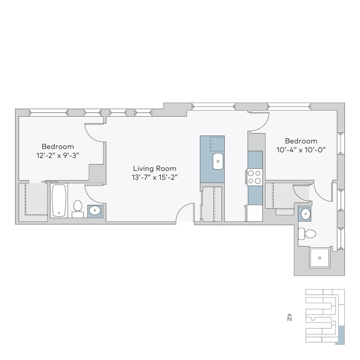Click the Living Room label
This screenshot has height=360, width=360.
(154, 168)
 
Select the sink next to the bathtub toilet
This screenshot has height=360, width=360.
(95, 211)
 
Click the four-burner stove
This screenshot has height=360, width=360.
(255, 177)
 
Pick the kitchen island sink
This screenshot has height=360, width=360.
(218, 162)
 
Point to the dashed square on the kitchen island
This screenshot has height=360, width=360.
(217, 144)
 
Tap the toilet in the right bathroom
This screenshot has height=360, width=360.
(308, 234)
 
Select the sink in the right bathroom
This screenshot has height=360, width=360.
(305, 213)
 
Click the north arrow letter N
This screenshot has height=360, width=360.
(289, 318)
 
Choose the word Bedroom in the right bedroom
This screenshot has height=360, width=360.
(301, 141)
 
